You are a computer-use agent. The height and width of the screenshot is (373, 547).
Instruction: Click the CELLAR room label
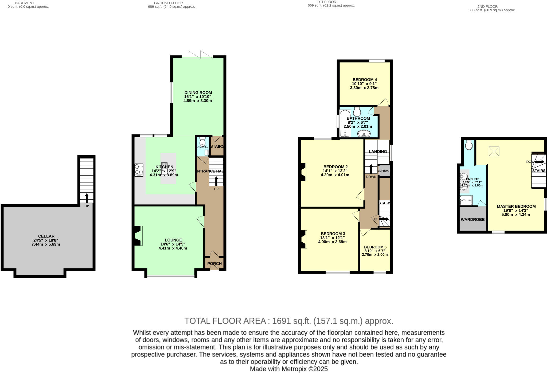[x=46, y=236]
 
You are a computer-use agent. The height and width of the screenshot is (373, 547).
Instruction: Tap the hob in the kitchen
[x=139, y=170]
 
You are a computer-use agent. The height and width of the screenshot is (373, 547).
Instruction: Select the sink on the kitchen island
[x=164, y=168]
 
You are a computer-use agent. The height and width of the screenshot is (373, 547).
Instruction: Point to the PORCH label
[x=214, y=263]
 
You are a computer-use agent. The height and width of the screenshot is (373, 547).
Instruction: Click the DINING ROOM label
[x=198, y=93]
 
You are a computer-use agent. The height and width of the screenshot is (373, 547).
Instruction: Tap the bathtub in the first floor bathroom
[x=345, y=123]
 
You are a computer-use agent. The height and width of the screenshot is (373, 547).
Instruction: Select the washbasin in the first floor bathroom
[x=364, y=133]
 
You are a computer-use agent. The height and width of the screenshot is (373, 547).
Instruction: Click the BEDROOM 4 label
[x=365, y=80]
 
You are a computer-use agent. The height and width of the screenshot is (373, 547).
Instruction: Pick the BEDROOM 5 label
[x=375, y=247]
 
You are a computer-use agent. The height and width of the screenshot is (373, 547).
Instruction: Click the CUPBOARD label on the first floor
[x=384, y=171]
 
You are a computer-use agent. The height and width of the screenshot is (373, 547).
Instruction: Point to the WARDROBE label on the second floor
[x=472, y=220]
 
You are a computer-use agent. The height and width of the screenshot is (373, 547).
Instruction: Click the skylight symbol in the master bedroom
[x=494, y=151]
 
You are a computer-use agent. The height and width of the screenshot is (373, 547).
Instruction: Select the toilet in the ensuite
[x=468, y=145]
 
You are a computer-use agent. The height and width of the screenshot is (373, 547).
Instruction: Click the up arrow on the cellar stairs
[x=87, y=198]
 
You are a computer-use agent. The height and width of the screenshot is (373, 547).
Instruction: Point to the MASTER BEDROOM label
[x=516, y=206]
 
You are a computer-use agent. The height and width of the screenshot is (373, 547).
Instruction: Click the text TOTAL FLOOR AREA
[x=225, y=321]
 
